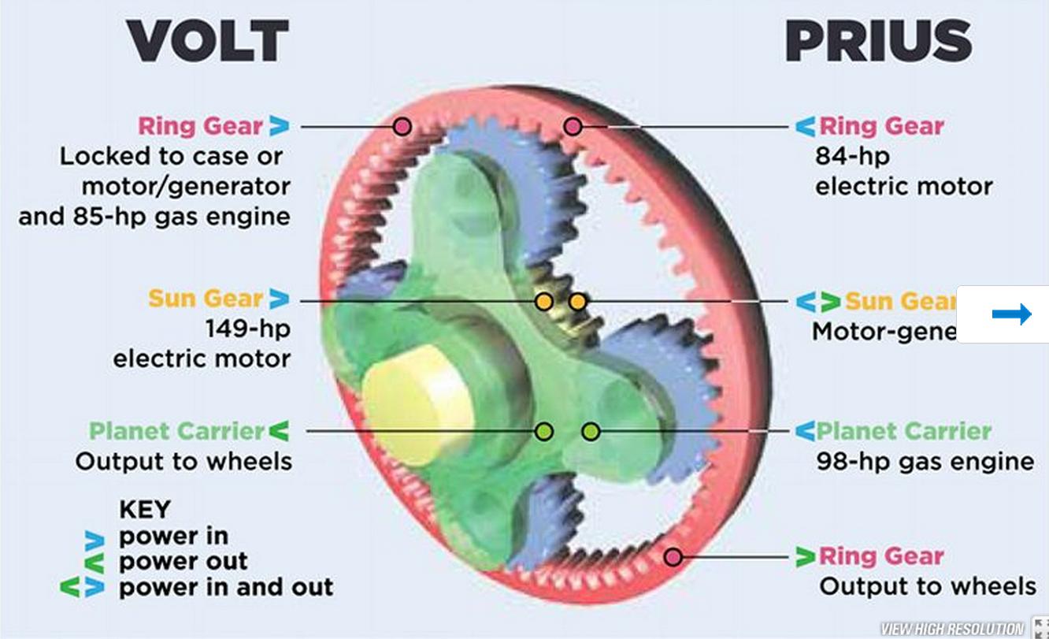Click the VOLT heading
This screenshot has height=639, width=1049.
(x=208, y=41)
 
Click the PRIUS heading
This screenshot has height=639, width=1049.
(x=878, y=41)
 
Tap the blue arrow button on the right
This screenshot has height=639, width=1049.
(x=1011, y=314)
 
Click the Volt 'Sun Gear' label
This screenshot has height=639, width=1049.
(x=206, y=299)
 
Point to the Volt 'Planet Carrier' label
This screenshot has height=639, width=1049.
(x=176, y=431)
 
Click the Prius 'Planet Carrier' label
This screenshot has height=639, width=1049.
(x=903, y=431)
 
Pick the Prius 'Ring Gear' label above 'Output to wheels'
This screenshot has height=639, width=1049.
(x=880, y=556)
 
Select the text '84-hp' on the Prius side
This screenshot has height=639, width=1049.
(x=852, y=156)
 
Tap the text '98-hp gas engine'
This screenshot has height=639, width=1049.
(x=925, y=461)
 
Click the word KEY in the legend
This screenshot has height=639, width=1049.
(x=144, y=510)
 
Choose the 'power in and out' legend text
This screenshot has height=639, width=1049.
(x=225, y=587)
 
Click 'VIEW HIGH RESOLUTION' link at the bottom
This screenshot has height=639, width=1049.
(x=952, y=629)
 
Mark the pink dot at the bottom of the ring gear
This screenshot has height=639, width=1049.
(x=673, y=557)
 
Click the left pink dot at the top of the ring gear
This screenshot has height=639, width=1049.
(x=402, y=126)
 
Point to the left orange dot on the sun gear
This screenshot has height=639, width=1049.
(x=543, y=301)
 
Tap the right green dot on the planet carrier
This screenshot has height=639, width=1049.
(x=591, y=432)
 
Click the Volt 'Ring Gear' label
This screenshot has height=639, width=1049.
(x=200, y=126)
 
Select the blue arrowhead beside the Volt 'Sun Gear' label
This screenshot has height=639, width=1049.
(x=279, y=299)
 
